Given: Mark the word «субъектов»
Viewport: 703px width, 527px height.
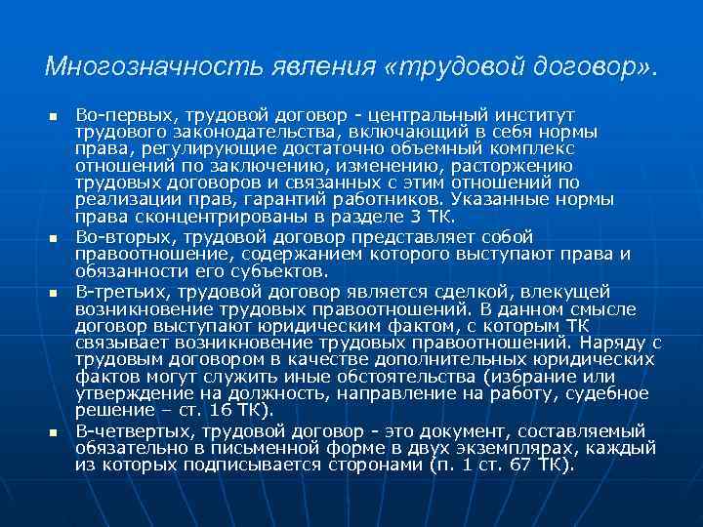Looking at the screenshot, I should (277, 270).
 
